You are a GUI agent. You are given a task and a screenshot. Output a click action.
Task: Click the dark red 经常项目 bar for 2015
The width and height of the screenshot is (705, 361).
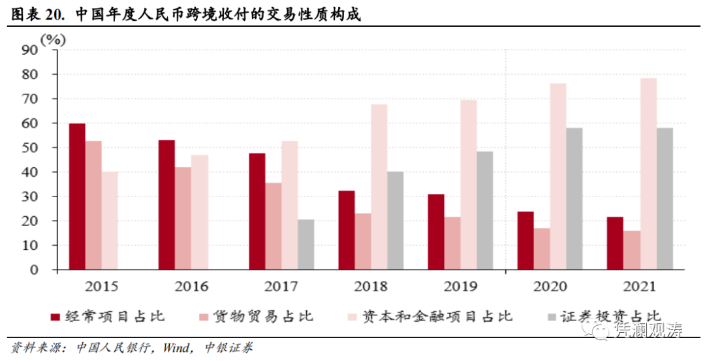tap(77, 196)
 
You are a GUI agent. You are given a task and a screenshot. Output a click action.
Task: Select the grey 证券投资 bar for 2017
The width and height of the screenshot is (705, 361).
tap(305, 245)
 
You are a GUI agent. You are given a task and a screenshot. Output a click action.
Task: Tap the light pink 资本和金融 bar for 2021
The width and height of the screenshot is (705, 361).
tap(648, 174)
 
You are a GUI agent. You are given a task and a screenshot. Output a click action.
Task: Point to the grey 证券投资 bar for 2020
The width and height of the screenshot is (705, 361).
tap(574, 198)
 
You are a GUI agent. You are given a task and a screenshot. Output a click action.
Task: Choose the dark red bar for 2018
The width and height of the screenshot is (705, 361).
tap(347, 230)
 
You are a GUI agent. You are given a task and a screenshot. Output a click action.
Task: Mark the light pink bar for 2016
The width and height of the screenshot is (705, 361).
tap(200, 212)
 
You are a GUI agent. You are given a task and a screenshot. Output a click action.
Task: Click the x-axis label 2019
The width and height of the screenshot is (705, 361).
tap(461, 287)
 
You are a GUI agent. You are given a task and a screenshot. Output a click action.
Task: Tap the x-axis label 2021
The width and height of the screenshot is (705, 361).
tap(640, 287)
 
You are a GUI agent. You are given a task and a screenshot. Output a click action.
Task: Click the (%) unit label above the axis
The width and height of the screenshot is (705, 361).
tap(54, 39)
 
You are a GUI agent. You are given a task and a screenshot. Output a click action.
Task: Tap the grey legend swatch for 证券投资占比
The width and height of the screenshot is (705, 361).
tap(552, 317)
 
